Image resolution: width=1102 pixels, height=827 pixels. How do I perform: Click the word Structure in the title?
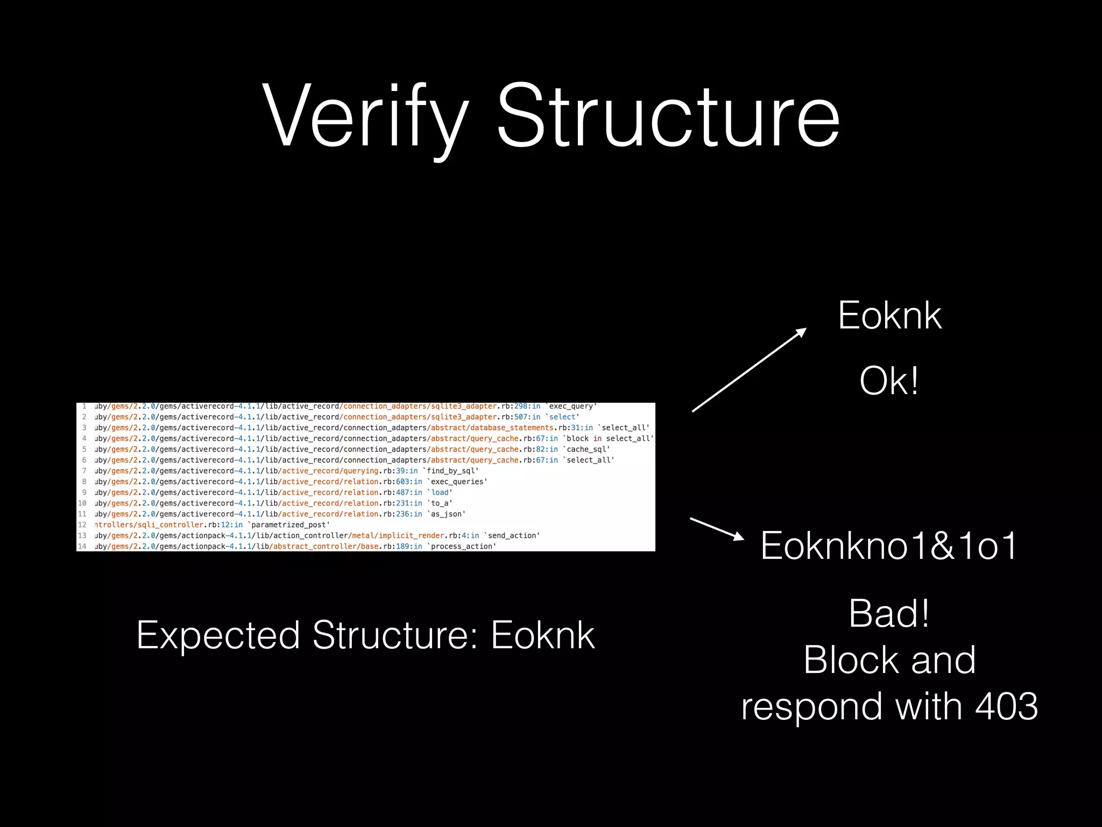(667, 116)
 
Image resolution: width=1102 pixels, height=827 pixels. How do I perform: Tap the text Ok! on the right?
(889, 381)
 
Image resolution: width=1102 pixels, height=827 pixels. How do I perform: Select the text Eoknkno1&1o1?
(889, 546)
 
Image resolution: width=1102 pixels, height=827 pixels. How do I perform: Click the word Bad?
(889, 614)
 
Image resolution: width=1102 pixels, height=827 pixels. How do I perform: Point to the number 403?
(1006, 706)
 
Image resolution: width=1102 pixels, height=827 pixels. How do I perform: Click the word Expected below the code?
(218, 636)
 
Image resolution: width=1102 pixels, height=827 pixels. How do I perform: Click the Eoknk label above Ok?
(889, 316)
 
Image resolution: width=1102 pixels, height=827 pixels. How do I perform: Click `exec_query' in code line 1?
(572, 407)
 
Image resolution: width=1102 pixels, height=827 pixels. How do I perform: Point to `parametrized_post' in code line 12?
(289, 525)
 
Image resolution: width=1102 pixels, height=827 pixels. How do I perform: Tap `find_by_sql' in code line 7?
(451, 471)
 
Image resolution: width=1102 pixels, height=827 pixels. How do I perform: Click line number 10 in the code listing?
(82, 503)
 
